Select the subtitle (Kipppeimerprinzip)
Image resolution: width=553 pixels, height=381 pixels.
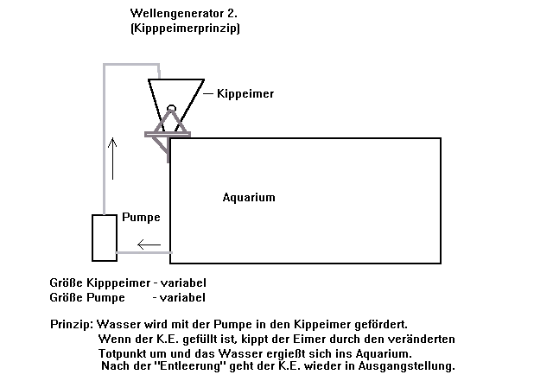coord(185,29)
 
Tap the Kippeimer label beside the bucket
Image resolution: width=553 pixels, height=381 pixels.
coord(245,93)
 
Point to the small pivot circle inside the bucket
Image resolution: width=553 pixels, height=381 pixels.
coord(171,110)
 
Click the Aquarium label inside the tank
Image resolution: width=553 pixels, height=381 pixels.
coord(249,197)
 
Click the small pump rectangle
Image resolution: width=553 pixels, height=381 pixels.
coord(105,238)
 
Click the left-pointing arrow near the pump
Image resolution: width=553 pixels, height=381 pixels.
coord(149,244)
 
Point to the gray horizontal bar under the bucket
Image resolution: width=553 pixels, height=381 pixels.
coord(168,134)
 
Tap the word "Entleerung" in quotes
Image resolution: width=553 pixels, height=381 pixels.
coord(190,366)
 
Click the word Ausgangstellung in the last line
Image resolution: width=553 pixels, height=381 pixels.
coord(412,366)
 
